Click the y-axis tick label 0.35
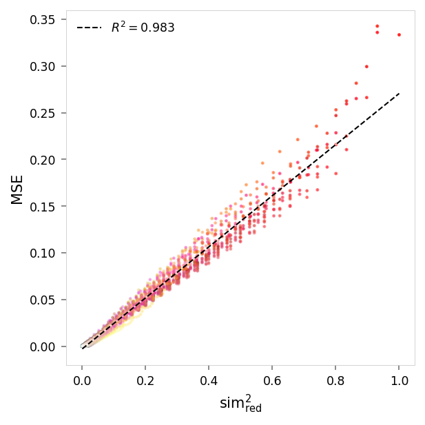click(43, 19)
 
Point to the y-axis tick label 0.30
click(43, 66)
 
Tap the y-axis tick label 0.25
click(43, 113)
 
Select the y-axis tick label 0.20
click(43, 160)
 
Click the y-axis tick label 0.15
click(43, 207)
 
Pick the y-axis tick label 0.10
click(43, 253)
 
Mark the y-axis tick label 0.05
click(43, 300)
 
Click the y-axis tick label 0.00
click(43, 346)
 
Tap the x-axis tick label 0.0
click(82, 380)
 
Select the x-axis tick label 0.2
click(145, 380)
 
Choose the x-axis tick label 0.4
click(209, 380)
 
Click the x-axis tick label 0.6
click(272, 380)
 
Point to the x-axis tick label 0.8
click(335, 380)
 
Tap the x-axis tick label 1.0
click(399, 380)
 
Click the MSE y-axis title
click(17, 189)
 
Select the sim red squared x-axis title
click(240, 404)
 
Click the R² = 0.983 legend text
click(143, 28)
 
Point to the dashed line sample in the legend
click(90, 28)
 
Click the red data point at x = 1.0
click(399, 35)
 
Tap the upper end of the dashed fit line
click(399, 93)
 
